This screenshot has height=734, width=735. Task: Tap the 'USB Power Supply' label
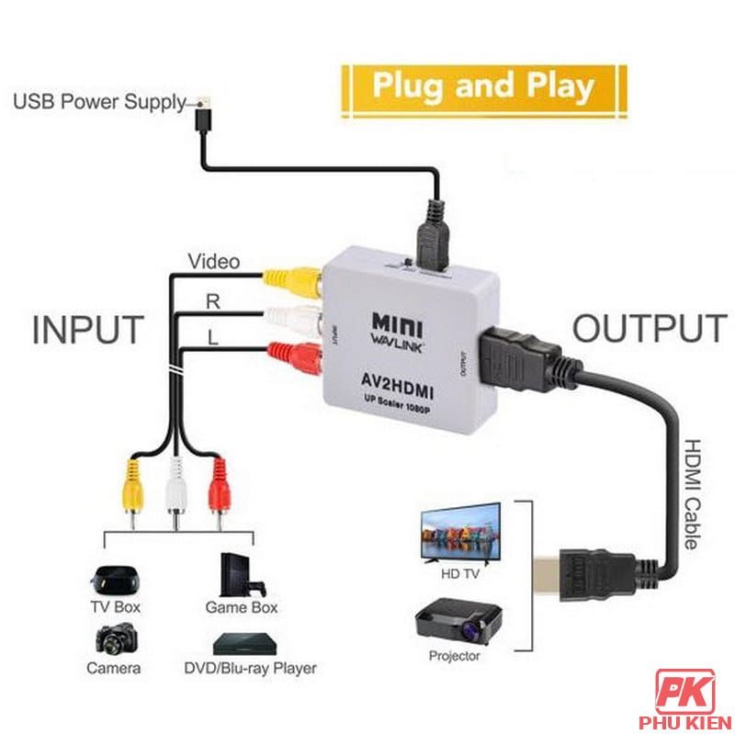[99, 101]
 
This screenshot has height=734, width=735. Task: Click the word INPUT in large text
[88, 330]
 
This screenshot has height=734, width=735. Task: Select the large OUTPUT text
[650, 328]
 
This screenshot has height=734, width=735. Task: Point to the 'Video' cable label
[214, 262]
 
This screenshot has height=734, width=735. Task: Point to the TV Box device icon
[113, 579]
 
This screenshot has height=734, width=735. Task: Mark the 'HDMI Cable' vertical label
[696, 491]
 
